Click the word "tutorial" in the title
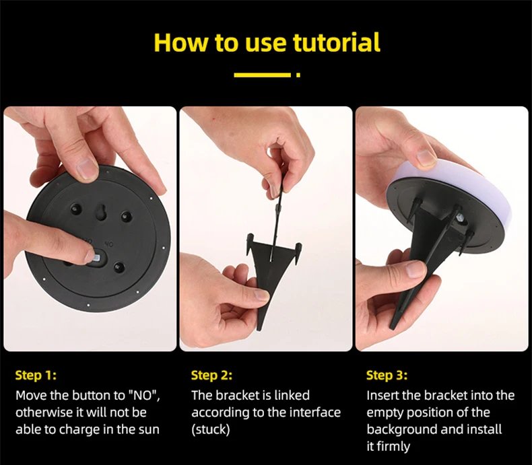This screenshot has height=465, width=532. click(x=336, y=42)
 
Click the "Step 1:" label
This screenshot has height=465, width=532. click(x=36, y=375)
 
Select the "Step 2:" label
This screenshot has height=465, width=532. click(x=211, y=375)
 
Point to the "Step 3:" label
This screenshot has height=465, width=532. click(x=387, y=375)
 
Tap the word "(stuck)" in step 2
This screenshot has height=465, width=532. click(x=211, y=429)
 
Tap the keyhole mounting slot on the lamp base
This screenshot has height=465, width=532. click(x=100, y=212)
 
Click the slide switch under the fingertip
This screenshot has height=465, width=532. click(x=96, y=259)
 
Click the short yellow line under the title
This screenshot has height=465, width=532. click(x=262, y=75)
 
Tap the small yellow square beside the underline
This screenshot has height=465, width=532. click(x=298, y=75)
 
